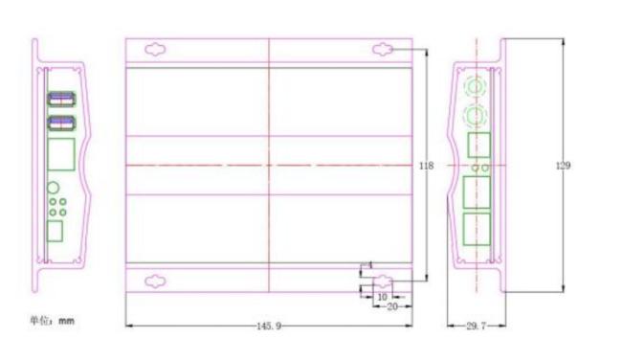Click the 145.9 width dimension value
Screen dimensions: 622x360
point(269,326)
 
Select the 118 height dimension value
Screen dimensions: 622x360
point(427,166)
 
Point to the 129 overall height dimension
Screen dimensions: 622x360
point(563,166)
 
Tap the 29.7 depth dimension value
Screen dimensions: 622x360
point(476,326)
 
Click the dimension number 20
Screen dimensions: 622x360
point(392,306)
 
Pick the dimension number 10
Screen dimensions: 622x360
point(382,297)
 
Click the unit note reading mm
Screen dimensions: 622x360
point(66,321)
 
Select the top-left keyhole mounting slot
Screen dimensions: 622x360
point(155,50)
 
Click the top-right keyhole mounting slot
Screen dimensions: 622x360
point(383,50)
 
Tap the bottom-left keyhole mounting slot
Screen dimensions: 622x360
point(155,281)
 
